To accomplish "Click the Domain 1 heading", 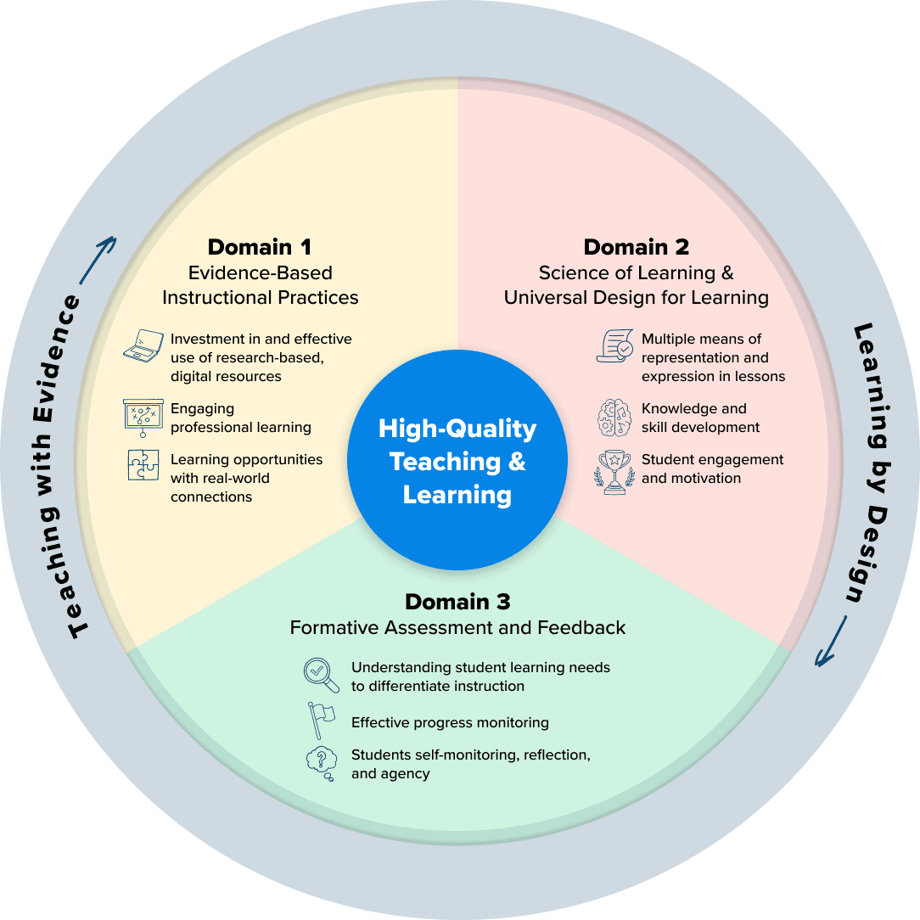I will click(260, 247).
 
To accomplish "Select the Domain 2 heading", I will click(636, 247).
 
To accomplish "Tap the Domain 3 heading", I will click(457, 602).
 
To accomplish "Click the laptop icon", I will click(143, 347).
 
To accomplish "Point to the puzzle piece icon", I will click(143, 465).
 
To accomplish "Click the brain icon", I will click(614, 418).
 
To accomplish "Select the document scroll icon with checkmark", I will click(614, 346).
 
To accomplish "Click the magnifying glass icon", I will click(321, 675).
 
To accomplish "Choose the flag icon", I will click(321, 721).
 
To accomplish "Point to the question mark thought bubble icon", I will click(322, 761).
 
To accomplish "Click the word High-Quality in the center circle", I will click(457, 429).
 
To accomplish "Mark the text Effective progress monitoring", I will click(450, 723).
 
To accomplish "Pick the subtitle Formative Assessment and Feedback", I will click(457, 628).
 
